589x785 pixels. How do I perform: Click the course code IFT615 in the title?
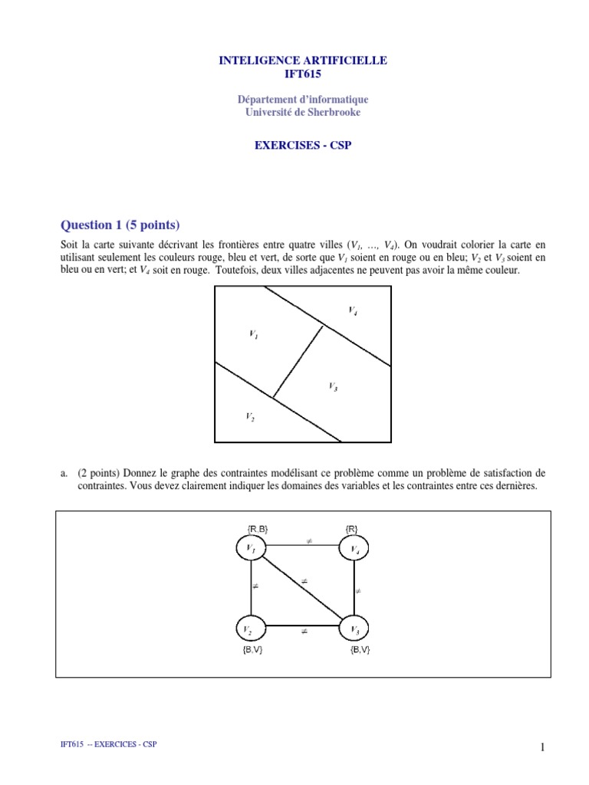tap(303, 74)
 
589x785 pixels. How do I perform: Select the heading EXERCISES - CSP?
tap(303, 145)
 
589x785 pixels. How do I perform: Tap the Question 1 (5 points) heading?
tap(120, 225)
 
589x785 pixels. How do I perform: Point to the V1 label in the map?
tap(253, 333)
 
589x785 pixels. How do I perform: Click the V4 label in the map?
tap(352, 310)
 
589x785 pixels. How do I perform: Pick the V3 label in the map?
tap(333, 386)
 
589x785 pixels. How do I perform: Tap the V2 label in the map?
tap(250, 416)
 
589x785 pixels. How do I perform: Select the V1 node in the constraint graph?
tap(250, 549)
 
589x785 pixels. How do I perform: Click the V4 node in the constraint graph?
tap(354, 549)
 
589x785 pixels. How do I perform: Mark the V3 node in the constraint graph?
tap(354, 629)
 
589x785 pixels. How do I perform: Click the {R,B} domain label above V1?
tap(257, 528)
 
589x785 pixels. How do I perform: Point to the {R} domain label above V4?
tap(352, 528)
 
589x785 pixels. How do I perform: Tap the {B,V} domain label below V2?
tap(252, 651)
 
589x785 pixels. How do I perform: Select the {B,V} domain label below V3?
tap(360, 651)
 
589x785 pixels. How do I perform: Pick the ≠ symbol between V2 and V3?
tap(304, 632)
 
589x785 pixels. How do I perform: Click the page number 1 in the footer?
tap(542, 749)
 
